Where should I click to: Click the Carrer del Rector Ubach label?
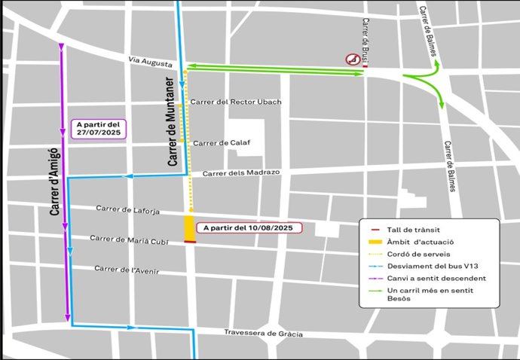coord(236,102)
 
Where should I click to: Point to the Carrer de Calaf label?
coord(222,142)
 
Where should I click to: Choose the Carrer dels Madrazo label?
coord(241,172)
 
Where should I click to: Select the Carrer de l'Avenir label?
coord(127,269)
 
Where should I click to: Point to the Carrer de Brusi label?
coord(366,35)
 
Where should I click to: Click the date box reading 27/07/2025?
coord(99,129)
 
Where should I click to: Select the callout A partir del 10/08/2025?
coord(248,227)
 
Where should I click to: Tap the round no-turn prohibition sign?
coord(351,59)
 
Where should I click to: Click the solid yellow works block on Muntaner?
coord(189,228)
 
